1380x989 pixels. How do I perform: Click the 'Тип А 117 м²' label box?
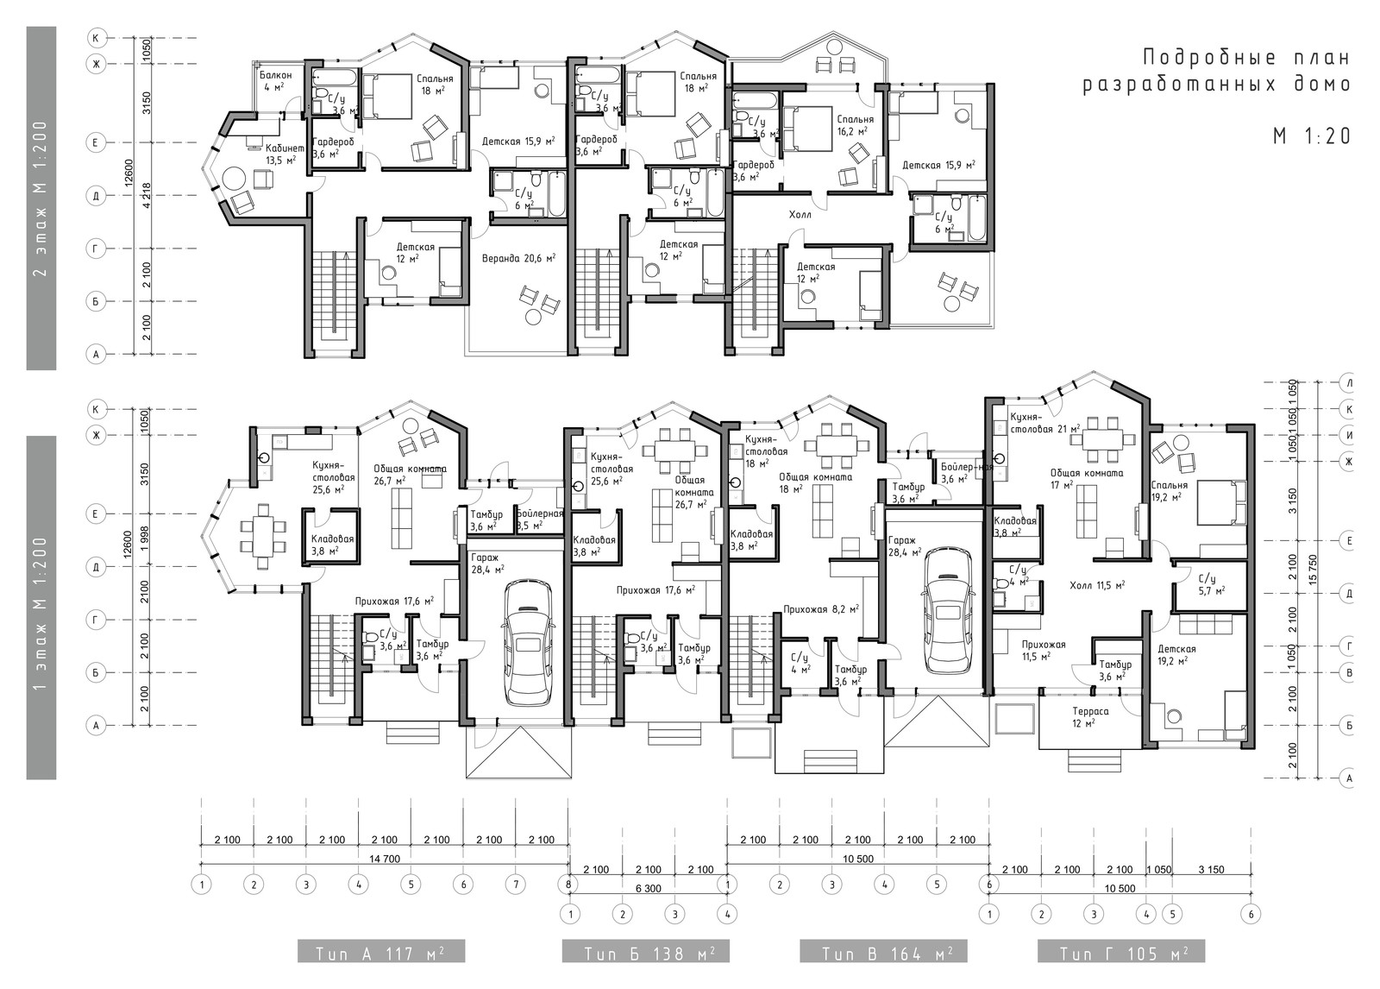point(380,953)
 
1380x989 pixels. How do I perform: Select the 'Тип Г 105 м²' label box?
point(1120,953)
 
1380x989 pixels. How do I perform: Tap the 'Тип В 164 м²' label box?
point(883,953)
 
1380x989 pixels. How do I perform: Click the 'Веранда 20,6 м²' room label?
point(517,258)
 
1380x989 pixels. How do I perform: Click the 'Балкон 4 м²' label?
point(275,81)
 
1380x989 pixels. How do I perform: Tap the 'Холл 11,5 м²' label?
point(1096,585)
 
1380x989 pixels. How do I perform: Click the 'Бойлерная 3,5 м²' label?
point(539,519)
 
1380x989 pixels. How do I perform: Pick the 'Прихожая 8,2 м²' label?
point(820,609)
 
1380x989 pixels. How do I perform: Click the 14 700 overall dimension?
point(384,859)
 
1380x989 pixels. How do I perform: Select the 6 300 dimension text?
point(647,887)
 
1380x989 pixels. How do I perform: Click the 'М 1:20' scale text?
point(1310,135)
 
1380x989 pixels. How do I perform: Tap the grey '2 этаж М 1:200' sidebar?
point(41,198)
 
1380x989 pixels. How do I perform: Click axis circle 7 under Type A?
point(515,885)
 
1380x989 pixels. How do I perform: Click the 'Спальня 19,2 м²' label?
point(1169,490)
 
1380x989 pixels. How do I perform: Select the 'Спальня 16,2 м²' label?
point(854,125)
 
